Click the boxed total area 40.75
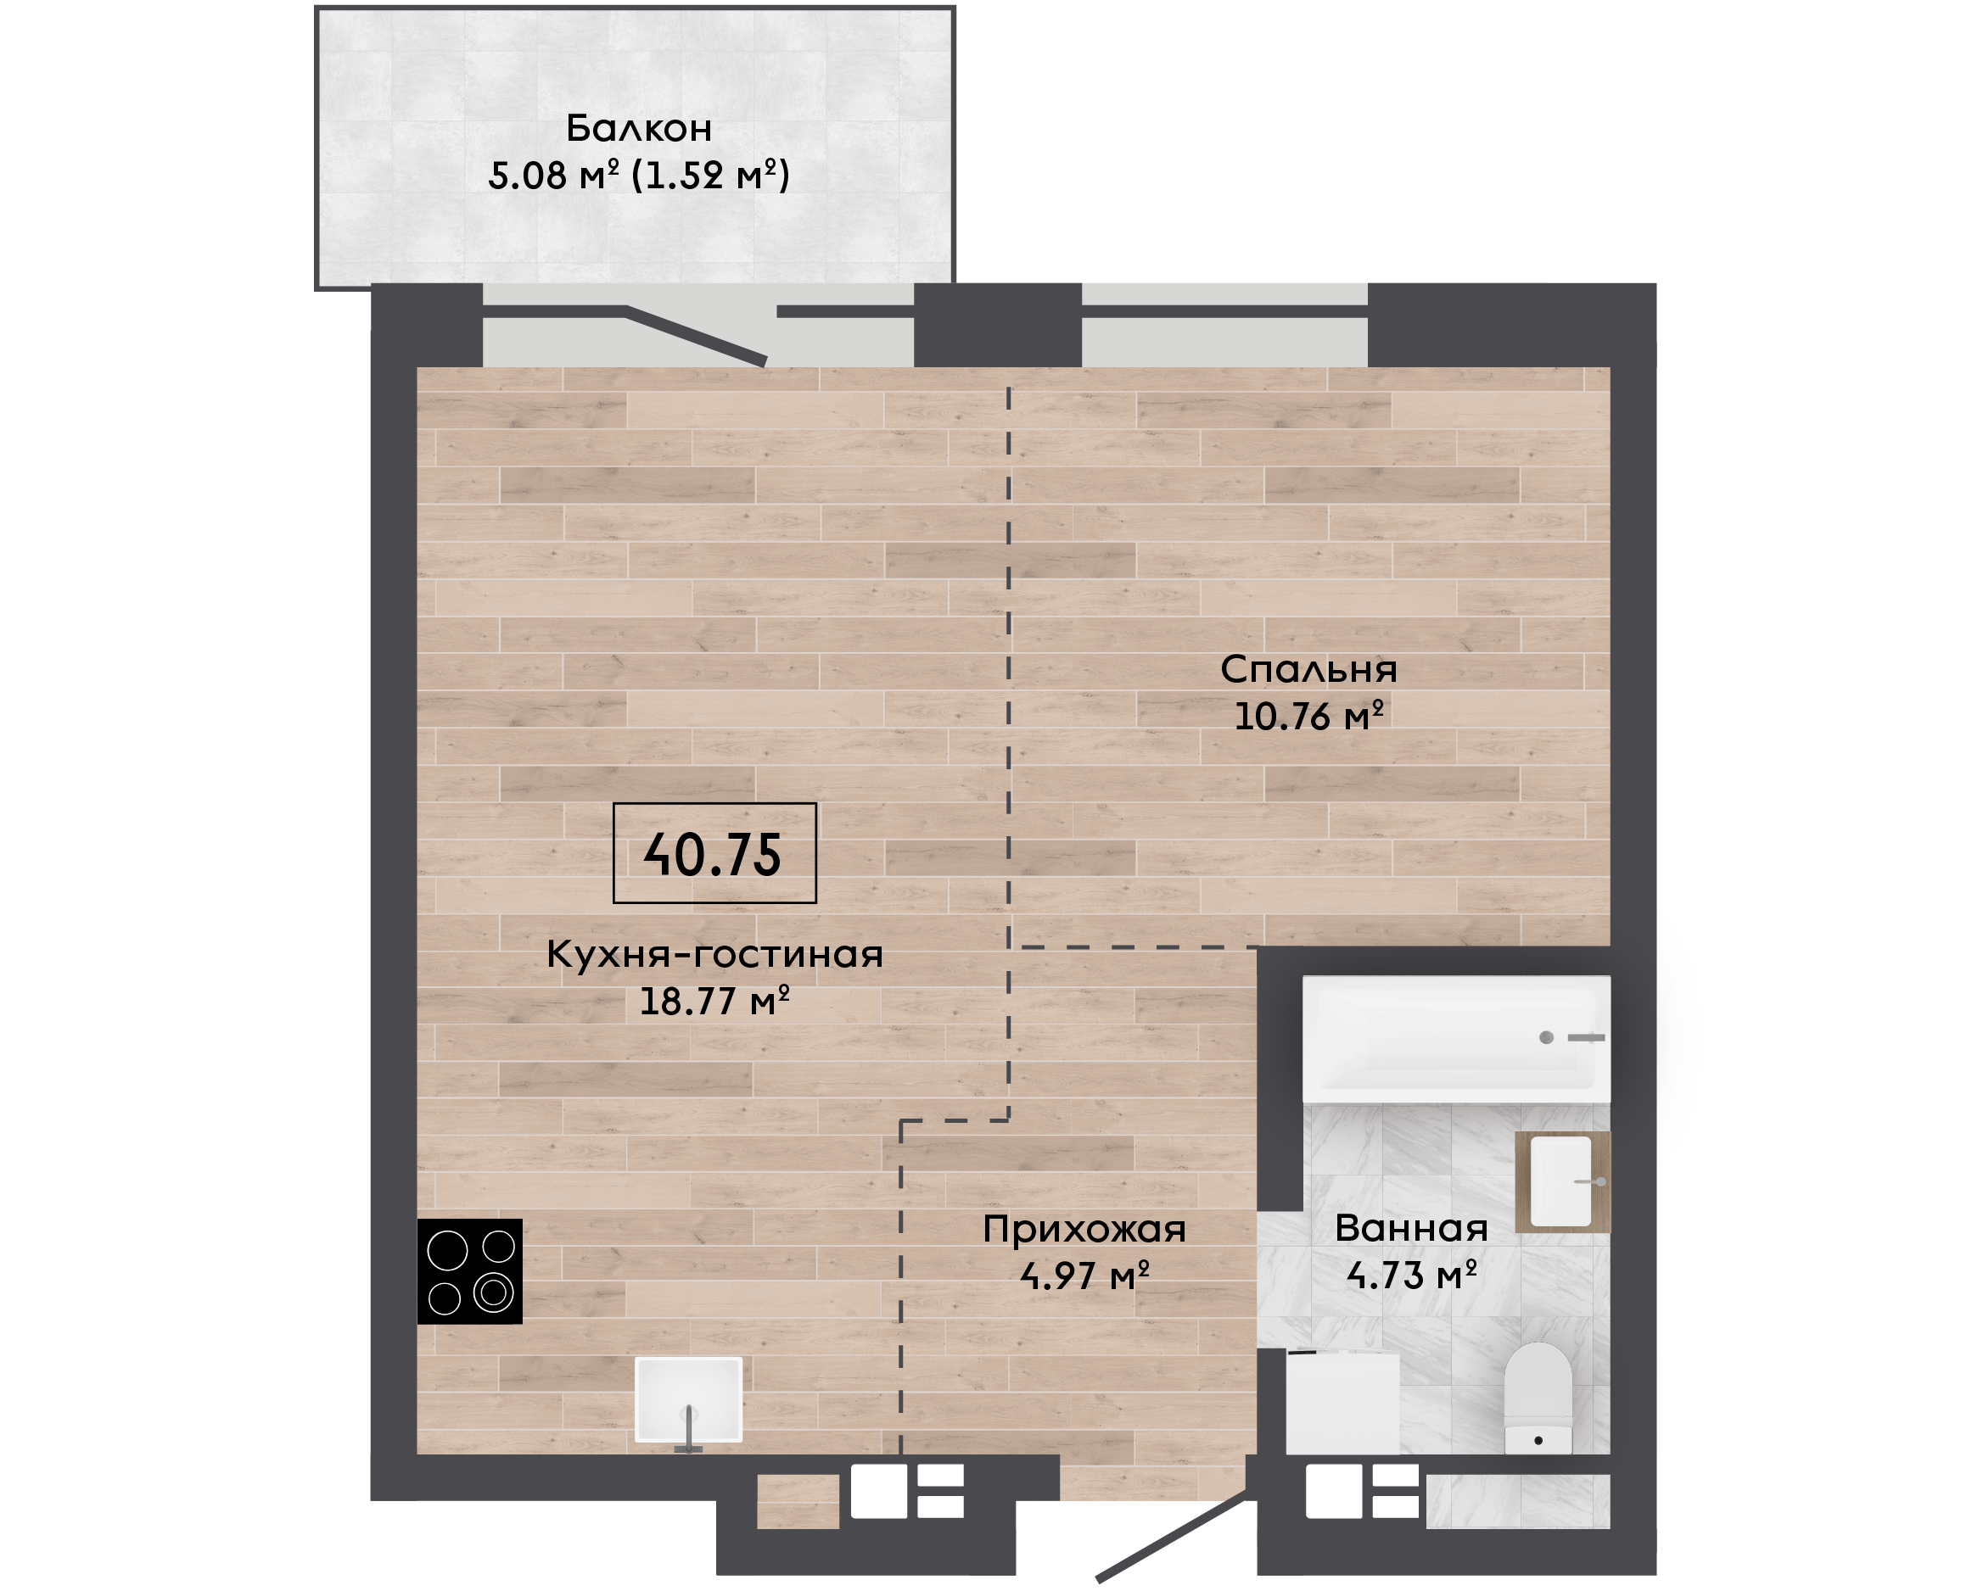click(714, 853)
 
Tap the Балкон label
click(639, 128)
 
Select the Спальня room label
click(1308, 670)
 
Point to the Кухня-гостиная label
click(715, 954)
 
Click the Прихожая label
click(1084, 1230)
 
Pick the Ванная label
click(1411, 1228)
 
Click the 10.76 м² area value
click(1308, 716)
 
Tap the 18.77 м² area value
click(714, 1000)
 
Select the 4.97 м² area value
click(1084, 1275)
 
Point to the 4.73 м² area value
click(1411, 1274)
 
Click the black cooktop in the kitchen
click(469, 1271)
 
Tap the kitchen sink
click(688, 1399)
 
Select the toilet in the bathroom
click(1538, 1398)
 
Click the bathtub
click(1457, 1038)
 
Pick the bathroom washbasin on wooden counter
click(1562, 1181)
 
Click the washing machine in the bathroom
click(1343, 1401)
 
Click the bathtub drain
click(1547, 1037)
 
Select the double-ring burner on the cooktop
click(493, 1292)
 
